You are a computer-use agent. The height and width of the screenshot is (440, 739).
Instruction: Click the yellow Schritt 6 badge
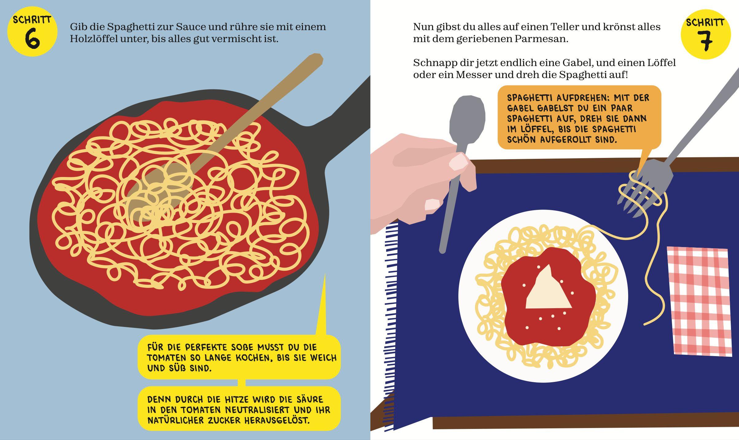[32, 31]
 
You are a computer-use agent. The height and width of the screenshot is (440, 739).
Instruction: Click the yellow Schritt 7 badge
[706, 34]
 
